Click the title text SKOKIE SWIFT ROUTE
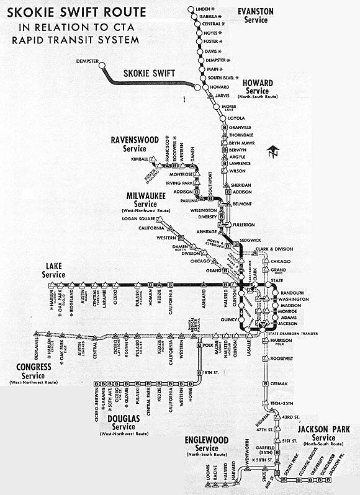click(74, 12)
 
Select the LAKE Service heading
click(54, 271)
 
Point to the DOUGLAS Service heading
click(132, 426)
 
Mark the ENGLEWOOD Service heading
click(207, 444)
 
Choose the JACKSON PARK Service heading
click(323, 433)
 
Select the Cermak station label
click(279, 384)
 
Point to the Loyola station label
click(236, 117)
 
